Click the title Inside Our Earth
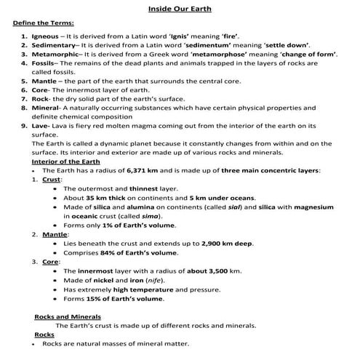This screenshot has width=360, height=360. tap(180, 8)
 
